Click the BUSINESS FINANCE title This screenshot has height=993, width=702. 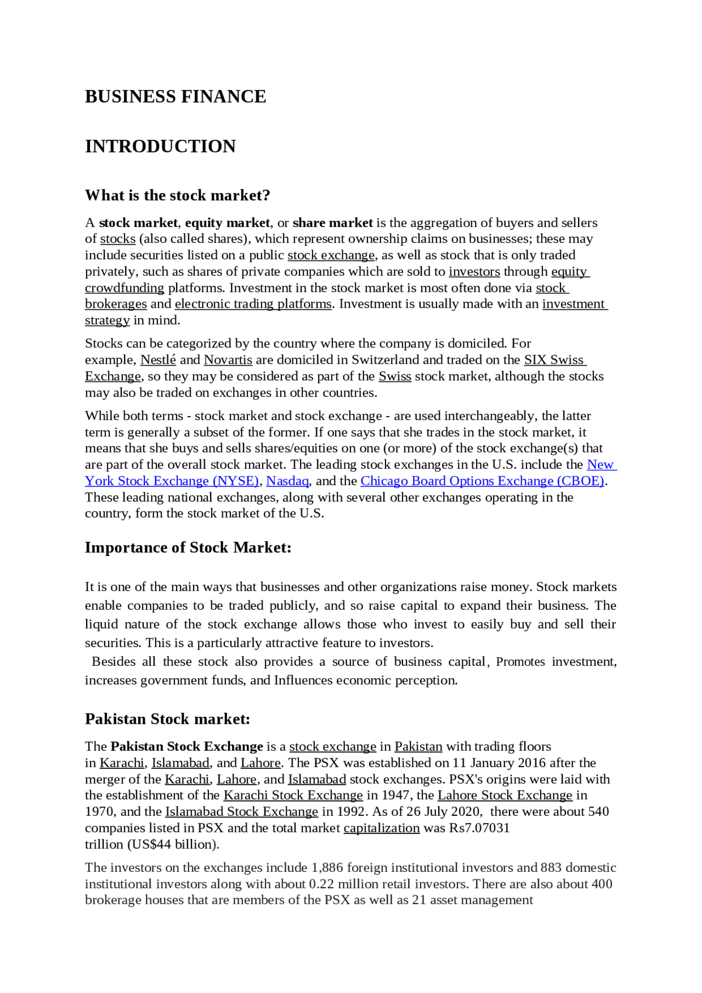tap(175, 97)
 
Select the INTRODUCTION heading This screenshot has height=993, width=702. tap(160, 146)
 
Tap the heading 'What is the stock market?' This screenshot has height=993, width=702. tap(177, 196)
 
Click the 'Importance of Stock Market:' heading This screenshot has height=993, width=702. tap(188, 548)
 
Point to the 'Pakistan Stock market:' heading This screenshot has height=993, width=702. tap(167, 719)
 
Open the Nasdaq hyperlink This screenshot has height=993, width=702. tap(287, 481)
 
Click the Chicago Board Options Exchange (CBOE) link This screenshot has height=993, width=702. tap(482, 481)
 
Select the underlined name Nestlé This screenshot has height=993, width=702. tap(158, 360)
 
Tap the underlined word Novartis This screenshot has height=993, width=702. tap(228, 360)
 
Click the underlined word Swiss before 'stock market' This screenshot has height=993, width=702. tap(395, 377)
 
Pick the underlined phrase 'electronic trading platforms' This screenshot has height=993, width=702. tap(253, 304)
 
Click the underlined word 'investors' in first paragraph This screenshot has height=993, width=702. tap(474, 272)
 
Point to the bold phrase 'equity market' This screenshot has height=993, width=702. tap(228, 223)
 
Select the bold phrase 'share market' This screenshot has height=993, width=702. tap(332, 223)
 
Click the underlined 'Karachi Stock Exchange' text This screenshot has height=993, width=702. tap(293, 796)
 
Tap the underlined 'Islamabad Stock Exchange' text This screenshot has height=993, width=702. tap(241, 812)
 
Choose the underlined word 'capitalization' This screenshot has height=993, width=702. tap(382, 829)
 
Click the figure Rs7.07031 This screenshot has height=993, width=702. tap(479, 829)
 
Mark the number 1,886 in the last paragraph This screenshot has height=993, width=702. tap(327, 868)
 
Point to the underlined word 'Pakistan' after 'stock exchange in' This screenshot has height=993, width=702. tap(418, 747)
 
